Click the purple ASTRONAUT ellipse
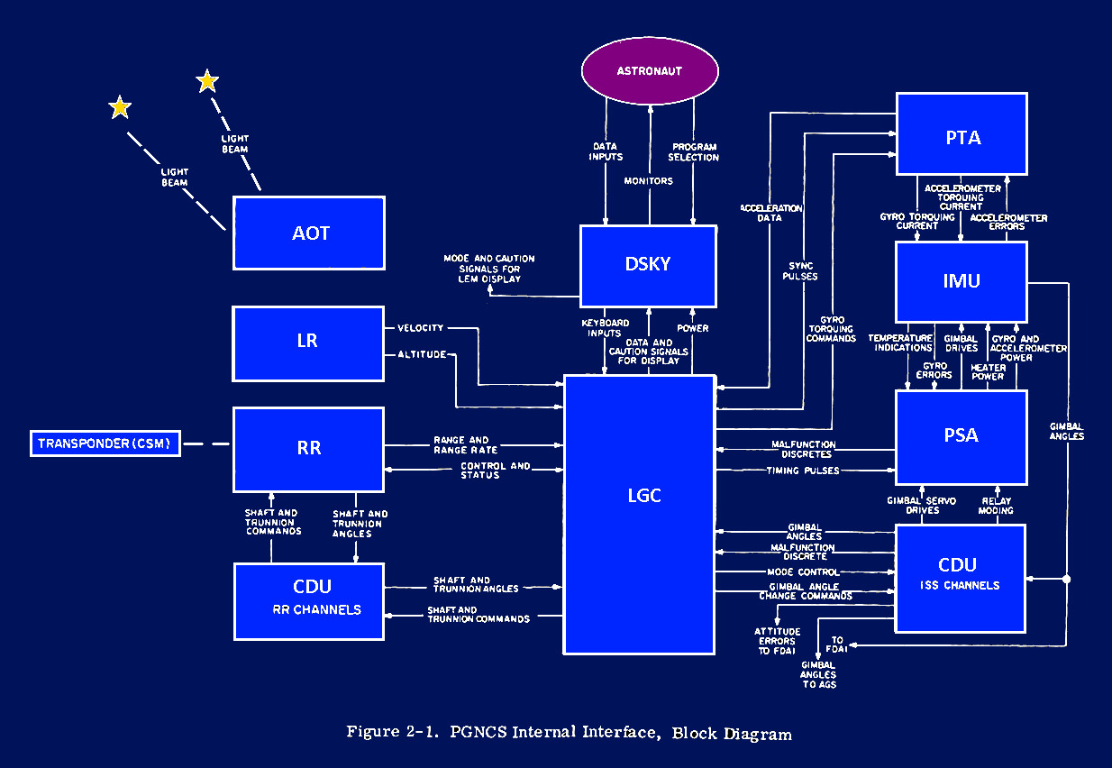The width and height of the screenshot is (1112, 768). [649, 70]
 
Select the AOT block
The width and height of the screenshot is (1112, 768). [309, 233]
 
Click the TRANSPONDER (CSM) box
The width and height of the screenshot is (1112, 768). [105, 443]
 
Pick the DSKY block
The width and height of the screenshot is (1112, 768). [648, 266]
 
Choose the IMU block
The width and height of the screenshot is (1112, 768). [962, 281]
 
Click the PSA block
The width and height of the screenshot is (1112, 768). [962, 436]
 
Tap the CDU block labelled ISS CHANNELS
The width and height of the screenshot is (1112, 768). [960, 577]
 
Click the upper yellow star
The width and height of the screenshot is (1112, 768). [207, 82]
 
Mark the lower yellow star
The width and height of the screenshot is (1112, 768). [120, 108]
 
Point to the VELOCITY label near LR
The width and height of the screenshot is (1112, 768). [420, 328]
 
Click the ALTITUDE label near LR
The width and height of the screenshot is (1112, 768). [422, 354]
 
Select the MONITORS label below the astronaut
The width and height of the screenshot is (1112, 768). [648, 181]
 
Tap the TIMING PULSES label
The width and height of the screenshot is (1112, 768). [802, 471]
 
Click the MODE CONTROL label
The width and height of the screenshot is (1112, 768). [802, 572]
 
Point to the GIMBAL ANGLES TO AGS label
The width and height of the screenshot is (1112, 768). [818, 674]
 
